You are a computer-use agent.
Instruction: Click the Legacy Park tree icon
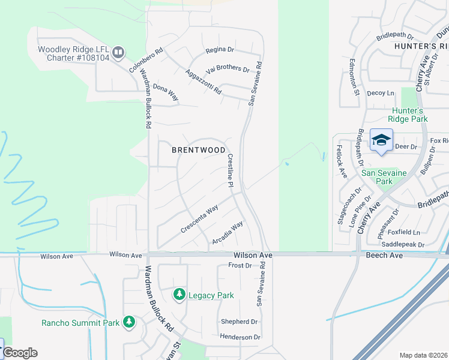coord(179,295)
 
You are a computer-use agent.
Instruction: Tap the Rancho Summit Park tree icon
coord(128,322)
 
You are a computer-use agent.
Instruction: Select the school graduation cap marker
coord(381,140)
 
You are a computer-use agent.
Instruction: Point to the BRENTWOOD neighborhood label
coord(199,150)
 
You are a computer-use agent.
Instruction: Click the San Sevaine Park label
coord(384,177)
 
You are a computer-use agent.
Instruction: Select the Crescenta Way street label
coord(199,220)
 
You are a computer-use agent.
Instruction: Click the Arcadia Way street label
coord(228,233)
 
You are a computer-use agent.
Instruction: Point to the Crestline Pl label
coord(230,170)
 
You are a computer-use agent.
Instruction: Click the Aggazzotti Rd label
coord(204,83)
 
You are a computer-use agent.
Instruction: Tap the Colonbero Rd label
coord(146,60)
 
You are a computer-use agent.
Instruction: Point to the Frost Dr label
coord(240,265)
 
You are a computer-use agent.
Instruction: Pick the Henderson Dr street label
coord(240,337)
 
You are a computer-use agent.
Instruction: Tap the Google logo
coord(20,353)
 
